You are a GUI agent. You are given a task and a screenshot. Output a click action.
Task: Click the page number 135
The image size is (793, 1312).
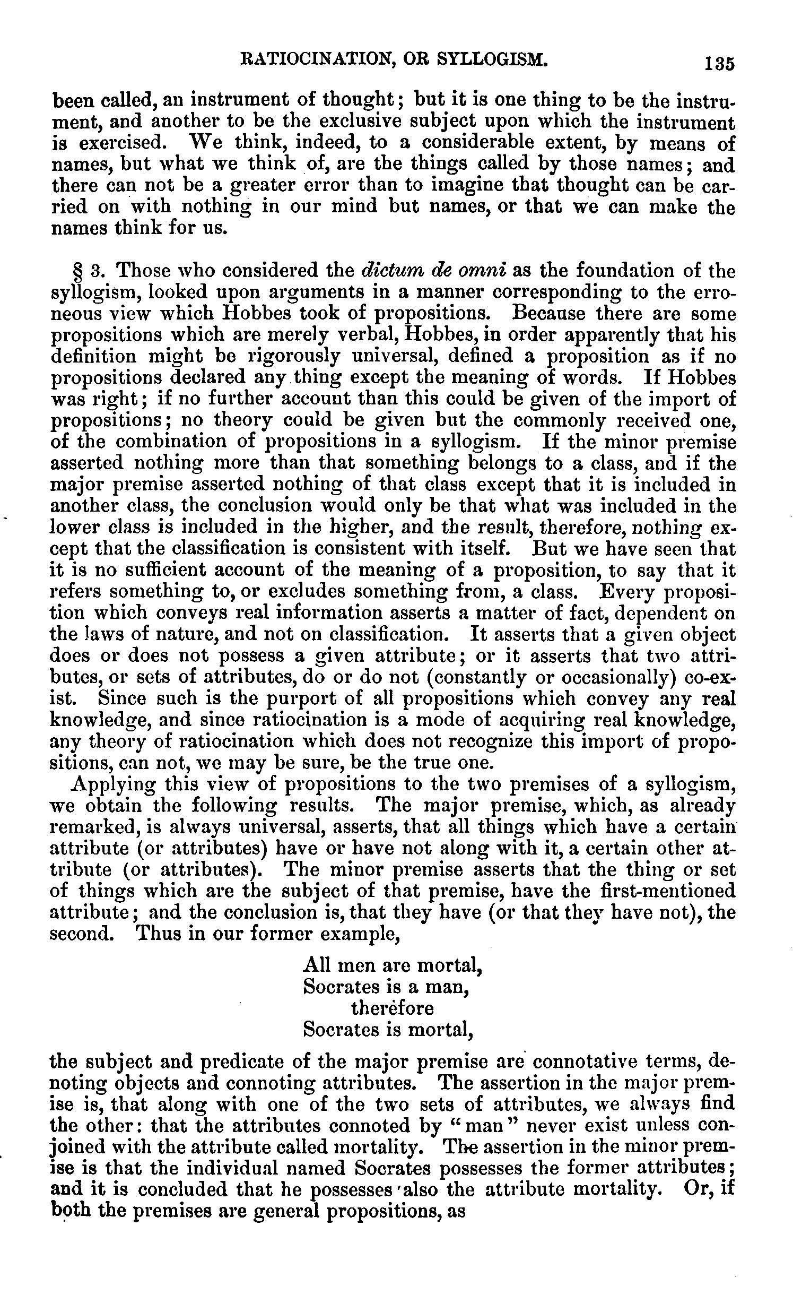(719, 63)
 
